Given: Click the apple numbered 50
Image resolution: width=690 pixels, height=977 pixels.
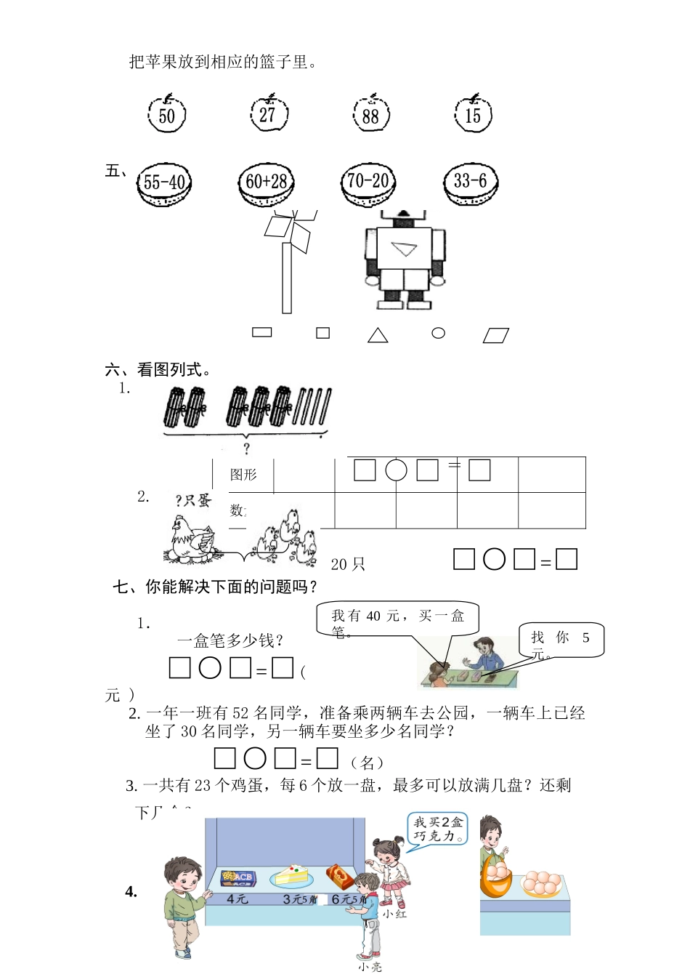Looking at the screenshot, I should pyautogui.click(x=167, y=114).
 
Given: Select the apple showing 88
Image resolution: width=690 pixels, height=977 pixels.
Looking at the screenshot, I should pyautogui.click(x=371, y=114).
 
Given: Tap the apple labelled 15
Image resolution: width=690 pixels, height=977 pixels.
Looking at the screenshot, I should pyautogui.click(x=473, y=114).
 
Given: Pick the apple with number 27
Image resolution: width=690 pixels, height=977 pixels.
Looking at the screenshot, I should pyautogui.click(x=269, y=113).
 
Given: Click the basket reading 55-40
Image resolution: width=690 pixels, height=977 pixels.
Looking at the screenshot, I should pyautogui.click(x=164, y=182).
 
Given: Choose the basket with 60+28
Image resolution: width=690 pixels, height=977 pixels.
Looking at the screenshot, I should pyautogui.click(x=267, y=182).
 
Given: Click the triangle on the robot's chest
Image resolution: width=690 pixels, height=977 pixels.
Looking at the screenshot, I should pyautogui.click(x=404, y=249).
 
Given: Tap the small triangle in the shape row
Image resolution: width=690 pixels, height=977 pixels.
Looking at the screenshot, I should pyautogui.click(x=378, y=335).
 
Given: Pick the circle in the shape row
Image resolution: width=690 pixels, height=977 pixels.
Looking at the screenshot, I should pyautogui.click(x=438, y=333).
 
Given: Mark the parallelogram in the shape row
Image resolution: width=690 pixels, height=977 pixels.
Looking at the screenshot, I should pyautogui.click(x=496, y=335).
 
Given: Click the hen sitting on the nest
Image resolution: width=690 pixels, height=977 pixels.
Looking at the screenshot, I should pyautogui.click(x=191, y=539).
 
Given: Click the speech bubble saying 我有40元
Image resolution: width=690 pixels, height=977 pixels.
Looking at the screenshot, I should pyautogui.click(x=398, y=619).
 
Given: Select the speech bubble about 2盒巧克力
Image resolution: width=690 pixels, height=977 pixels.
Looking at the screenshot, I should pyautogui.click(x=438, y=829).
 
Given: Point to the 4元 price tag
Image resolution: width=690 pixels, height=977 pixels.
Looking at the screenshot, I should pyautogui.click(x=238, y=899).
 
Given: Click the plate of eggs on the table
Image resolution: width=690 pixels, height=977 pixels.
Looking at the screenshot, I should pyautogui.click(x=540, y=882).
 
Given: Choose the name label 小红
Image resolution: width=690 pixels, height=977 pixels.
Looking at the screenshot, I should pyautogui.click(x=395, y=914).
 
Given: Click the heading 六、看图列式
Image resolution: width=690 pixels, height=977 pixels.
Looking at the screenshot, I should pyautogui.click(x=159, y=370).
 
